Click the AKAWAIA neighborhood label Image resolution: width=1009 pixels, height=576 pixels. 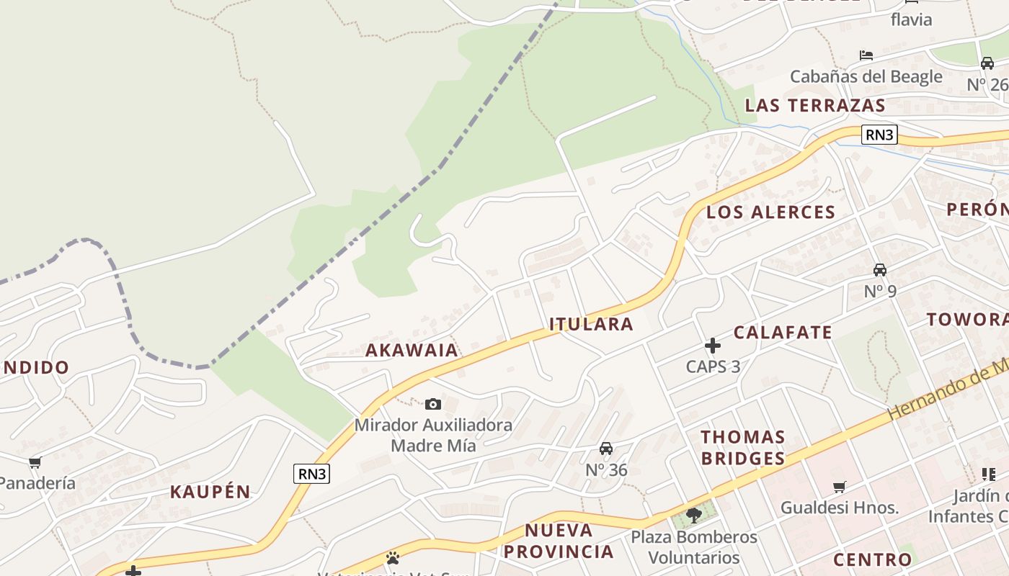[412, 351]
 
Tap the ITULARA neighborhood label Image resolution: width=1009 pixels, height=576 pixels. [591, 324]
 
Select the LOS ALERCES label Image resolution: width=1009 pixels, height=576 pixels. [770, 212]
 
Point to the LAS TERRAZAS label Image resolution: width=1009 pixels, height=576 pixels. [814, 106]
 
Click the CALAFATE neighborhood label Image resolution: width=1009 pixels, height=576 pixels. [783, 333]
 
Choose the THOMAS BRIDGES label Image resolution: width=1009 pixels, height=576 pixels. [742, 448]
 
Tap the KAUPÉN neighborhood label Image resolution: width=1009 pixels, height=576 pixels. [210, 492]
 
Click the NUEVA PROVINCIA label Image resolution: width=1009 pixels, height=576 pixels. [559, 541]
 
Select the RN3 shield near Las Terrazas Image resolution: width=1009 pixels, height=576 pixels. [879, 135]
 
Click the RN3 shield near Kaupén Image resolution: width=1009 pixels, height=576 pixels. [312, 474]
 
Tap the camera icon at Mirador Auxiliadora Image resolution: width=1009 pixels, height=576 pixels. [432, 404]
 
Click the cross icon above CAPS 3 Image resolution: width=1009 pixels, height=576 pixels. [713, 346]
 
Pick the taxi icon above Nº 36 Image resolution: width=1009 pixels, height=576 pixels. [606, 449]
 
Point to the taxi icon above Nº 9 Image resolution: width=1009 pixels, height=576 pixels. [880, 270]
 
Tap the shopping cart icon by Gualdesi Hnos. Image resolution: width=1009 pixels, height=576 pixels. [839, 487]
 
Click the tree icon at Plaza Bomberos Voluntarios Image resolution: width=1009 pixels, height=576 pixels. [694, 515]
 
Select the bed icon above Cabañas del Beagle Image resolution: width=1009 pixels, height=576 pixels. [866, 55]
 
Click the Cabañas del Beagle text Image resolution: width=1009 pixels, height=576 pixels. [866, 76]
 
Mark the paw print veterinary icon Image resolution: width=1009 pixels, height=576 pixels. [392, 558]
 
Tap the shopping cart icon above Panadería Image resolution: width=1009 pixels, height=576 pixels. [35, 462]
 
